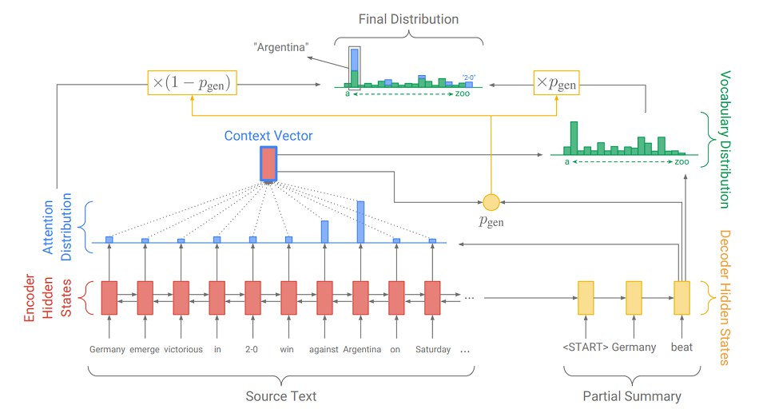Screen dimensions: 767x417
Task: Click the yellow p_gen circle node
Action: pos(491,202)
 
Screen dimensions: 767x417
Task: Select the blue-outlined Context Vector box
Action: pos(268,164)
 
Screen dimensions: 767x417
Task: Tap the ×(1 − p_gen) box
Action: pos(193,82)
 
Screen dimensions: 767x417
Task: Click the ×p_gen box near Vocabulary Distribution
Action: pos(556,82)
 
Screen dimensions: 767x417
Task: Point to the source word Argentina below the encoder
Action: pos(362,350)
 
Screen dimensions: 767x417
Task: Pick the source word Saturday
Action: pos(433,350)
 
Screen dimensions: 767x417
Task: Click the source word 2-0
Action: pos(252,350)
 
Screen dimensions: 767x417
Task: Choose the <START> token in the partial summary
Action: pos(586,347)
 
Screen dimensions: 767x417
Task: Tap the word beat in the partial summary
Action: pos(682,347)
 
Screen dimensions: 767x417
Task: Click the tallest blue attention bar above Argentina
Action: pos(360,222)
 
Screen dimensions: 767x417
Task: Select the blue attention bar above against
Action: pos(325,232)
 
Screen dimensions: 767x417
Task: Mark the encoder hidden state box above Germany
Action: pos(109,298)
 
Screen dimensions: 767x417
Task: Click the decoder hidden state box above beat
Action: pos(682,298)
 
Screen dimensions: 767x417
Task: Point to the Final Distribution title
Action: pos(408,19)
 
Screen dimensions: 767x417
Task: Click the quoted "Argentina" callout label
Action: pos(281,47)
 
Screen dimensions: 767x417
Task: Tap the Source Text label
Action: pos(280,396)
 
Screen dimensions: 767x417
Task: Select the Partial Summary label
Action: pos(632,396)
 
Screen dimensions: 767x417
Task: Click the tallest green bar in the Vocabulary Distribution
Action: pos(574,138)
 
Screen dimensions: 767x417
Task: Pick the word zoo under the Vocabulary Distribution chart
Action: pos(682,162)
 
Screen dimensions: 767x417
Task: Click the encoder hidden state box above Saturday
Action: pos(432,298)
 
